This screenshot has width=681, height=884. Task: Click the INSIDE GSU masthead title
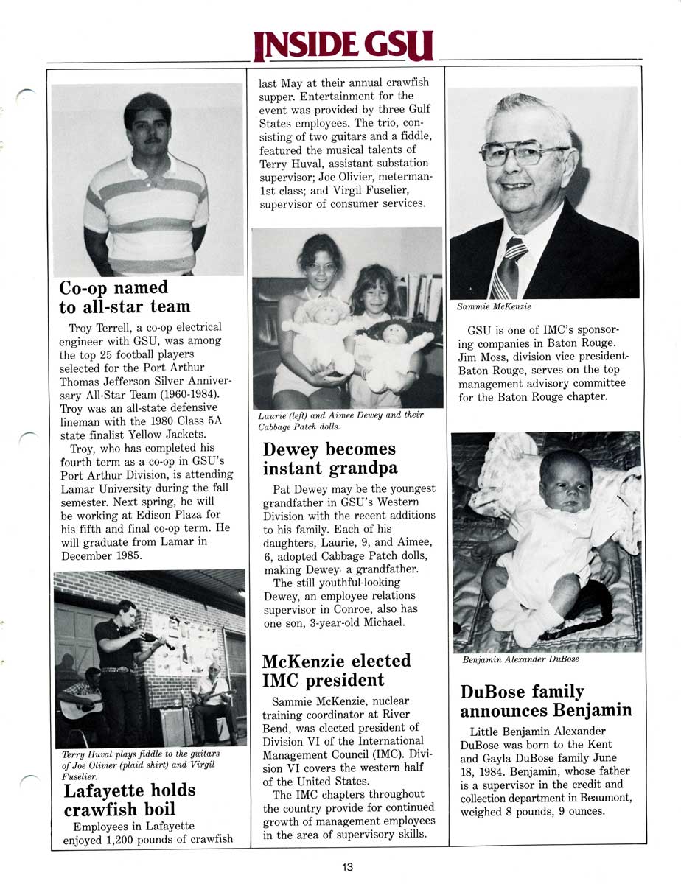343,46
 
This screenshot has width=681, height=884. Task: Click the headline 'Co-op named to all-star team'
125,297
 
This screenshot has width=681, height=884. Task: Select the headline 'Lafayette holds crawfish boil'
130,800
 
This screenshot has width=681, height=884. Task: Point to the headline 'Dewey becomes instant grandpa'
329,458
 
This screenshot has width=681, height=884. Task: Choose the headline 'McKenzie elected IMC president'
336,670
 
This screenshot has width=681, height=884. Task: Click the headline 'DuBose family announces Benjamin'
546,701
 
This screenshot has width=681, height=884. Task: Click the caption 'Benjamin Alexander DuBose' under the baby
520,659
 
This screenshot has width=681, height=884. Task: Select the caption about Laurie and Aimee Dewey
340,421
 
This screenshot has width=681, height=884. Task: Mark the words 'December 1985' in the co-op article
97,555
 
